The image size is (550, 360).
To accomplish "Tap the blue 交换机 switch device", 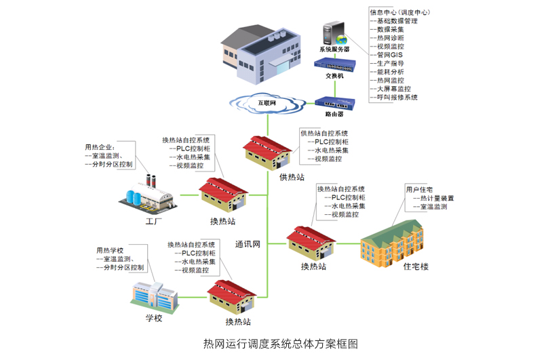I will coord(334,64).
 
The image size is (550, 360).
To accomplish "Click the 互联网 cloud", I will coord(265,103).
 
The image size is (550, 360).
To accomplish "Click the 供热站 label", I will coord(292,177).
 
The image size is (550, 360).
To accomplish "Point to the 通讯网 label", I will coord(248,244).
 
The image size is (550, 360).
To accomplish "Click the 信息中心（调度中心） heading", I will coord(399,12).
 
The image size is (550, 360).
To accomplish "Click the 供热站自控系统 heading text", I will coord(324,133).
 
